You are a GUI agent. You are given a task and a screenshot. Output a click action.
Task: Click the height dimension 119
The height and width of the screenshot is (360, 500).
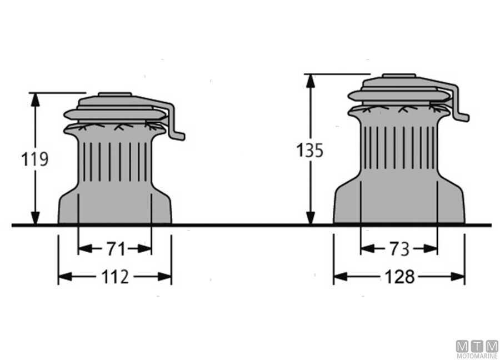35,159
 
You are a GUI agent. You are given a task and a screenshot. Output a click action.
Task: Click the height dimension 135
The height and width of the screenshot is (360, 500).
309,150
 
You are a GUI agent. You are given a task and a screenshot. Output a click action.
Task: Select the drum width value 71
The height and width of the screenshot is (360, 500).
115,249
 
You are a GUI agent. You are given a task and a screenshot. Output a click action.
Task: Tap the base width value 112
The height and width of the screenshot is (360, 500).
115,277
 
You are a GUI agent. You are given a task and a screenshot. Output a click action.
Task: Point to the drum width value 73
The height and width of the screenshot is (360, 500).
399,249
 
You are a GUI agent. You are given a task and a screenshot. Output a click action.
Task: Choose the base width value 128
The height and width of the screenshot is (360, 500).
399,277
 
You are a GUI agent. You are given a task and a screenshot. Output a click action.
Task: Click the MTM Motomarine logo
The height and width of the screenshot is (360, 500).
477,349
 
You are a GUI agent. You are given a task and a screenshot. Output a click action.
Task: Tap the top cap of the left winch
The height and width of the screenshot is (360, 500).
115,94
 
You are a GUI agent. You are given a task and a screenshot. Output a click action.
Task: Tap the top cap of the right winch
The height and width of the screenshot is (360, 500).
399,76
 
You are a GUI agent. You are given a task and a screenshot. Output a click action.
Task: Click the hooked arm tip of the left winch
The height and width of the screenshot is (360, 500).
179,136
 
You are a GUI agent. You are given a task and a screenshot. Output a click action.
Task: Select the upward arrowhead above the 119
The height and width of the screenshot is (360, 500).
36,99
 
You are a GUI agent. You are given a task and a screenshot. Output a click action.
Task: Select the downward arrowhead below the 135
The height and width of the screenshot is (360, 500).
310,218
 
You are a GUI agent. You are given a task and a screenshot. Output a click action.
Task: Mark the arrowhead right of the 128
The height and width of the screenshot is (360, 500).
458,277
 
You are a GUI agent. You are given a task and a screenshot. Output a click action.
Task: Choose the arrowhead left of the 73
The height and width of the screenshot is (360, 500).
368,249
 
